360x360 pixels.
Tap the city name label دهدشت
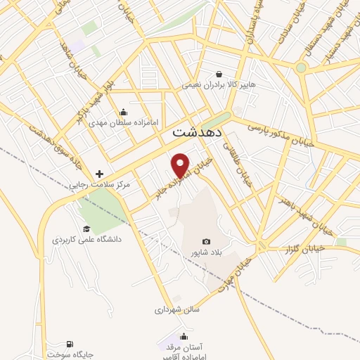[x=198, y=131]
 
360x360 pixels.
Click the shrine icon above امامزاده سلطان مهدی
[x=124, y=111]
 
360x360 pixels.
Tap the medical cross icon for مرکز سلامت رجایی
[x=99, y=174]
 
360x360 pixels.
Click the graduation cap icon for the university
[x=86, y=229]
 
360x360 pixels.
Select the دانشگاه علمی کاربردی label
[x=86, y=239]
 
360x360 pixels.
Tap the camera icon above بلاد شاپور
[x=206, y=241]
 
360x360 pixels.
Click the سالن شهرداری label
[x=178, y=309]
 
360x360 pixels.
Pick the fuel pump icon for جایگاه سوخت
[x=69, y=344]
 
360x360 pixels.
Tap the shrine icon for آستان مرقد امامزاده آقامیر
[x=184, y=336]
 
